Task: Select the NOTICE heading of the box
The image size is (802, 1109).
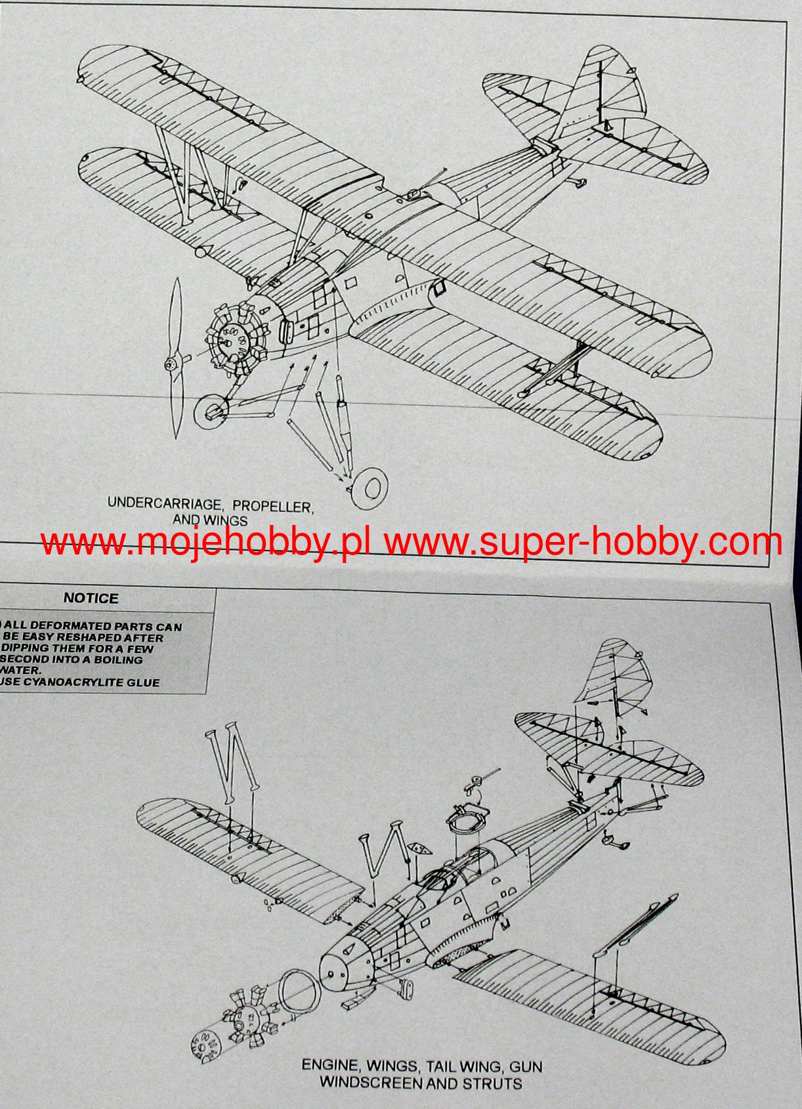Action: (91, 598)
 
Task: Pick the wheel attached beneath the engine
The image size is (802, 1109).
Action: (211, 412)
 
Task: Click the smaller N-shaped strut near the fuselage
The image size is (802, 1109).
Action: (383, 852)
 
